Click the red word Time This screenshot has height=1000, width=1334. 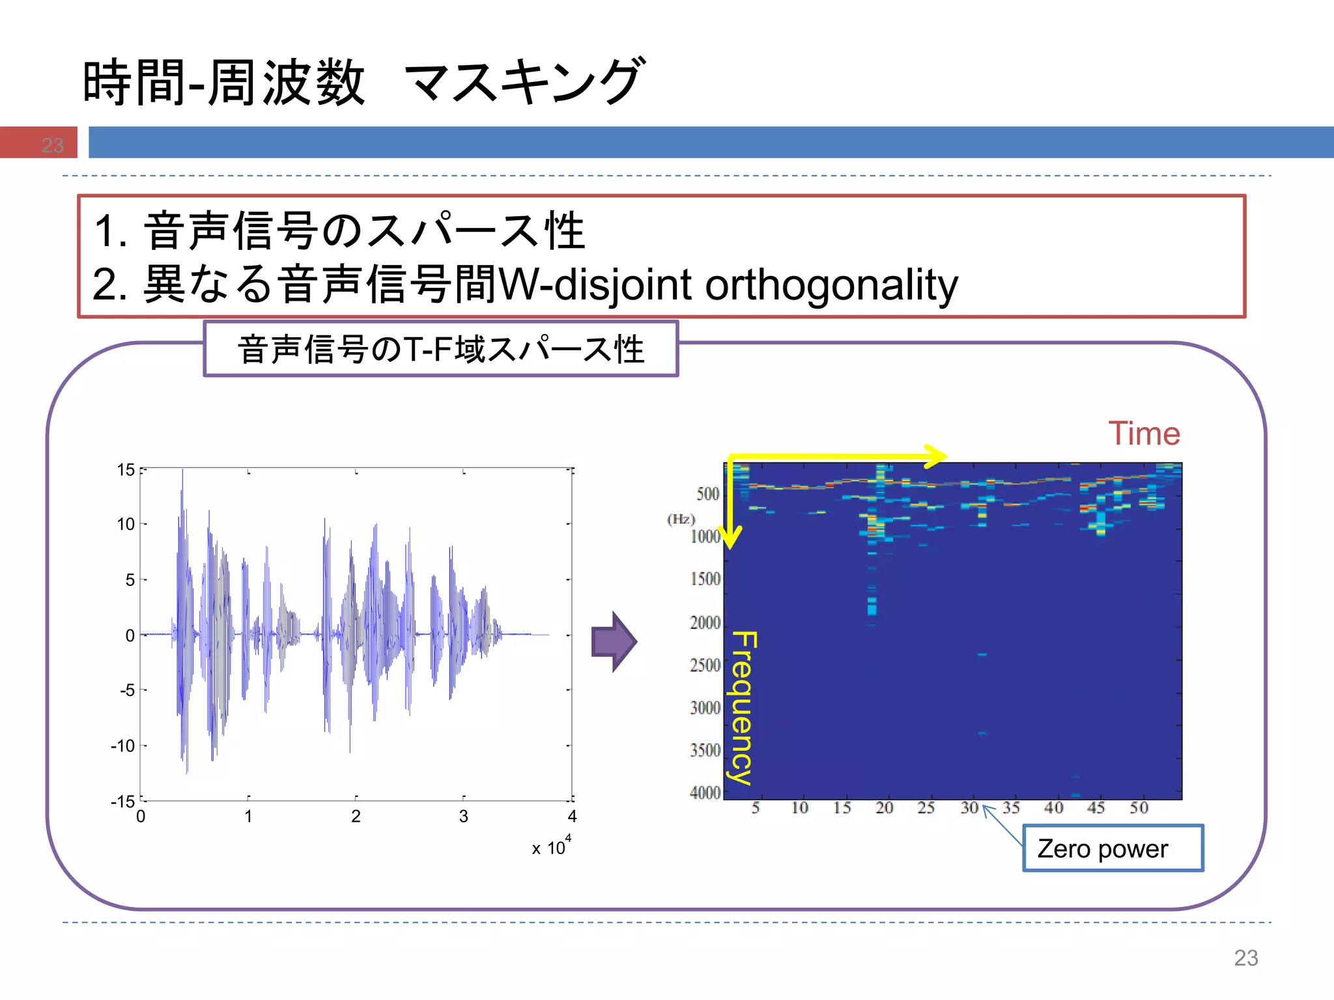pos(1144,434)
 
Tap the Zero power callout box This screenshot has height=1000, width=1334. pos(1113,848)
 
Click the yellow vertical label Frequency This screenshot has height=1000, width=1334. pos(743,708)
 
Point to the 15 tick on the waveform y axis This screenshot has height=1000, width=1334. pos(126,470)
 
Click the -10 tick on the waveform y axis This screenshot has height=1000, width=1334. pos(123,745)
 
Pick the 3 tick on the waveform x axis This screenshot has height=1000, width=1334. pos(463,816)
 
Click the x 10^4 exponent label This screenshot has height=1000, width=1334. pos(551,846)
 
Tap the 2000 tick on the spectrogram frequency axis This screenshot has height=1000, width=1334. pos(705,623)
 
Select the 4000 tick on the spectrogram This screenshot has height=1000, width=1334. pos(705,793)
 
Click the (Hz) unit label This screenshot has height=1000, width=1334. pos(681,519)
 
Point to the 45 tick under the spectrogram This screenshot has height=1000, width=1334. pos(1096,808)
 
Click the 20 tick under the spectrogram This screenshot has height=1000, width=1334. pos(884,808)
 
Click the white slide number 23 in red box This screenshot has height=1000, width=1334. pos(53,145)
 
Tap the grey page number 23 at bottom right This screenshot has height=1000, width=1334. pos(1245,958)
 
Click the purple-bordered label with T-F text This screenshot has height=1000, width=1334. pos(441,349)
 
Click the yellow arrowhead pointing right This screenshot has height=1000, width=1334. pos(935,456)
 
